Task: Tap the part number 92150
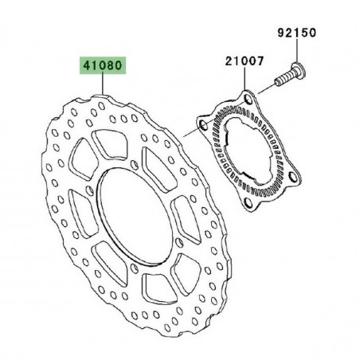tap(296, 33)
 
